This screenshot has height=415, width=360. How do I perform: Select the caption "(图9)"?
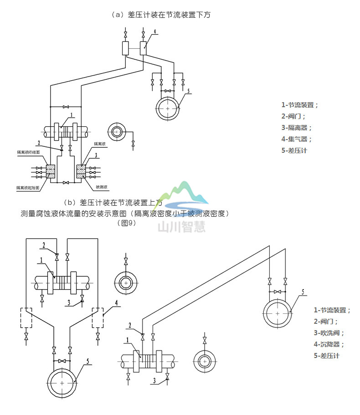click(127, 223)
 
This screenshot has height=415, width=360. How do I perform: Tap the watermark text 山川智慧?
click(181, 226)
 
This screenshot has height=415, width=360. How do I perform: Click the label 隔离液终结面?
click(28, 152)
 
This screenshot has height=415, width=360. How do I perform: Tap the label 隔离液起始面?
click(28, 187)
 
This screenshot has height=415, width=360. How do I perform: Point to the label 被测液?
click(102, 187)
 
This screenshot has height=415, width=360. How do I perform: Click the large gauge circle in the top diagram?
click(168, 109)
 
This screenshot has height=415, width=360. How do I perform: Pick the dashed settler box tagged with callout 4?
click(98, 317)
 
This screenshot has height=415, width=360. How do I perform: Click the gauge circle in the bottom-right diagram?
click(278, 313)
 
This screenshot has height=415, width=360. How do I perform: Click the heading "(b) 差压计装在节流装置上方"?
click(113, 202)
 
